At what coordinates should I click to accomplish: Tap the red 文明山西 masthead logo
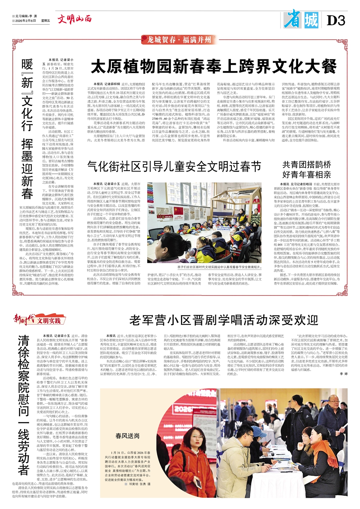click(x=75, y=19)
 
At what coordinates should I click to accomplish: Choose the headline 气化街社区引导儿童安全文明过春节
click(x=174, y=166)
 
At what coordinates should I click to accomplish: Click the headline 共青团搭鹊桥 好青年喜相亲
click(x=306, y=170)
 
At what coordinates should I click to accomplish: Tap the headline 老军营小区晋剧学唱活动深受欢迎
click(x=224, y=320)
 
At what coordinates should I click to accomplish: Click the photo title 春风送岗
click(x=127, y=436)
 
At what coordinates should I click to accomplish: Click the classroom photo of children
click(x=204, y=222)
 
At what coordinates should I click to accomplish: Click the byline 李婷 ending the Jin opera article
click(x=343, y=374)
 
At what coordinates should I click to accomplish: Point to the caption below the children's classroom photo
click(x=219, y=267)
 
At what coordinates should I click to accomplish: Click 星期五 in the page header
click(x=46, y=21)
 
